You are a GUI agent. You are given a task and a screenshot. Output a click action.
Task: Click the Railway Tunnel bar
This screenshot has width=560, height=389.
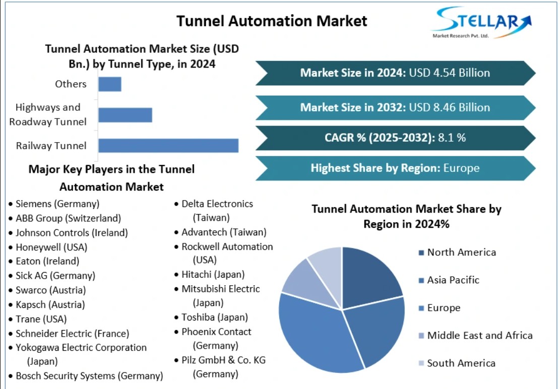(168, 146)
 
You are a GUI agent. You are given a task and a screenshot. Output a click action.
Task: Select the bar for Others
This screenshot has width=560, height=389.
(110, 84)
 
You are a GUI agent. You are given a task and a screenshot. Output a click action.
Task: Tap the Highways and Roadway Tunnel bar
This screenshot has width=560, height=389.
(126, 115)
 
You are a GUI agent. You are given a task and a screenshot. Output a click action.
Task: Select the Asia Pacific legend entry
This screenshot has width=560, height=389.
(449, 280)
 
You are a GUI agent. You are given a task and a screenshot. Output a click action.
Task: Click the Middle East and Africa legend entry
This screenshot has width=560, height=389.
(476, 336)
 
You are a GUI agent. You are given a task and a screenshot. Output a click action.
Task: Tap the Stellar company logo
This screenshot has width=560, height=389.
(481, 22)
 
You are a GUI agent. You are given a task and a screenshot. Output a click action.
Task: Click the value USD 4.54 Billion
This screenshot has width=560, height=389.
(449, 73)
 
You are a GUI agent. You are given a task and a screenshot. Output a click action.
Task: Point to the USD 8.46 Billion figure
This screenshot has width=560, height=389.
(449, 107)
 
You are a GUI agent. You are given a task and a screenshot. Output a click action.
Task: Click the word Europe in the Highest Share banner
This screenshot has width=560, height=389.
(461, 168)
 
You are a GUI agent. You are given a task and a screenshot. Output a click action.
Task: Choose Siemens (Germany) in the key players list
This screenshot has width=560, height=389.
(57, 204)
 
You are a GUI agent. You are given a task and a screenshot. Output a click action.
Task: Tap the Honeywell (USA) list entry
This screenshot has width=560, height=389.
(51, 247)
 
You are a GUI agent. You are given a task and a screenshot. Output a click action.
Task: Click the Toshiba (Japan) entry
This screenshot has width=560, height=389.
(215, 317)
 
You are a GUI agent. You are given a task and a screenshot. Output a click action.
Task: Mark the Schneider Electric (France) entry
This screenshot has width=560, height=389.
(72, 334)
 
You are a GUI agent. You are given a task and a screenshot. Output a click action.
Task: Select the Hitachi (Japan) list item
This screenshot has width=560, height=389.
(213, 275)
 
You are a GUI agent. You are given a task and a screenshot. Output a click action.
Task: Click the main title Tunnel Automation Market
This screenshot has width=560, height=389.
(272, 21)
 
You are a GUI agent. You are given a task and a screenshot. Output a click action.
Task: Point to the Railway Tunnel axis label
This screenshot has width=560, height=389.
(51, 146)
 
